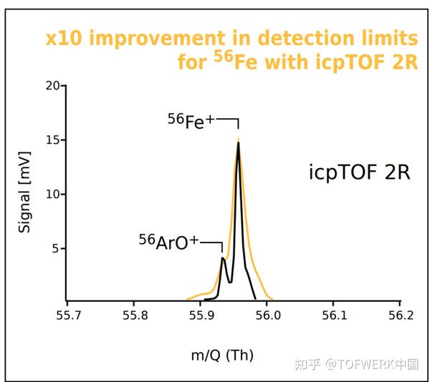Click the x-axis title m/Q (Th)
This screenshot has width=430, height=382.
pos(223,355)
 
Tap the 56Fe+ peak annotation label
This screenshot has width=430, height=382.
pos(191,121)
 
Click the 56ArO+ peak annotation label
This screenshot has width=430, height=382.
pos(168,242)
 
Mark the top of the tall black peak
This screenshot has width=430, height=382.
pos(238,142)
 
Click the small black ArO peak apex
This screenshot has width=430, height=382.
pos(223,258)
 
